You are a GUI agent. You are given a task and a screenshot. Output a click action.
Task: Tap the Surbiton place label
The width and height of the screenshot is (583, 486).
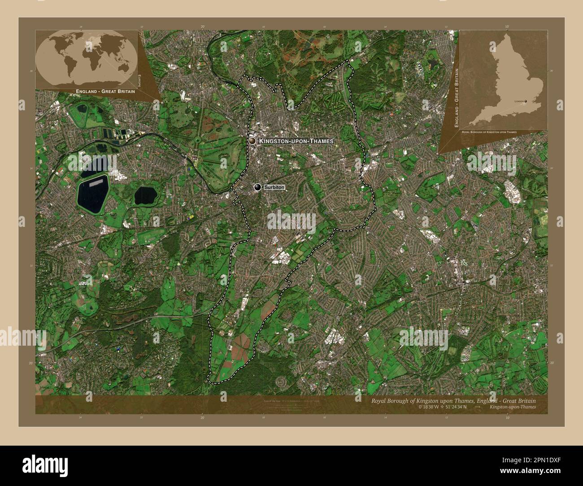click(274, 187)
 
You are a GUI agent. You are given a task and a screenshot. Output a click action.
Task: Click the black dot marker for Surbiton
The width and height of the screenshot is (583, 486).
click(257, 187)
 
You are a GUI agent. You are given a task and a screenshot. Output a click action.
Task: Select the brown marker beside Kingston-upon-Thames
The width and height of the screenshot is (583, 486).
click(252, 141)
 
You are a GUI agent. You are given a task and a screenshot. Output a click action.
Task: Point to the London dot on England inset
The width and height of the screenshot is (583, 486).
click(526, 101)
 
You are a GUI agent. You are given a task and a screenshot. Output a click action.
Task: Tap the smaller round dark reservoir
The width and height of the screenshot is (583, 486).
click(146, 195)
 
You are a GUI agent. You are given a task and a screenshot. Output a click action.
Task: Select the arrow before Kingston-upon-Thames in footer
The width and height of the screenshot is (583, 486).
click(478, 407)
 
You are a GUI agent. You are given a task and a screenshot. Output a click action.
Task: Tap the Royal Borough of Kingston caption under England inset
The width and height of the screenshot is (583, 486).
click(489, 133)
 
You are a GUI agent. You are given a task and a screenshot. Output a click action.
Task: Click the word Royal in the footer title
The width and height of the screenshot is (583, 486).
click(379, 400)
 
